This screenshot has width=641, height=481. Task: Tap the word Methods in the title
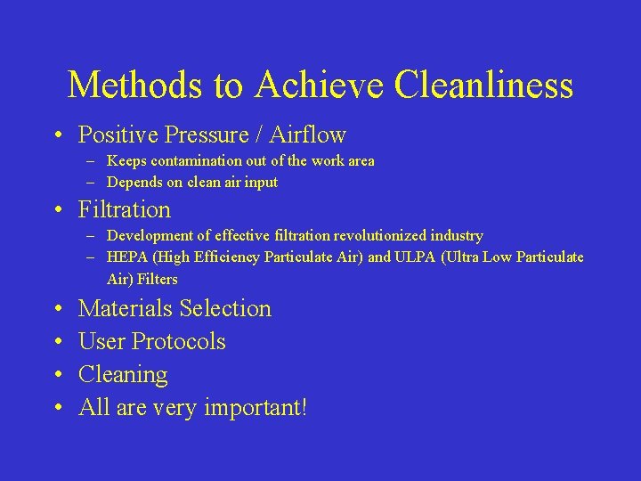point(136,86)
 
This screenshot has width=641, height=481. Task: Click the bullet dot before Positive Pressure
point(57,136)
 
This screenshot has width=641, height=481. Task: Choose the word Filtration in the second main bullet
point(124,210)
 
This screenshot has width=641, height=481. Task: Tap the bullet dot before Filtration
point(57,211)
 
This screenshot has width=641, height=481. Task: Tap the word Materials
point(125,309)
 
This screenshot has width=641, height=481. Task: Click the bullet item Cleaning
point(123,375)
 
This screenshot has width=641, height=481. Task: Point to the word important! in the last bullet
point(256,408)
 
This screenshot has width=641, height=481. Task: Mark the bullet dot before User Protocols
point(57,342)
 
